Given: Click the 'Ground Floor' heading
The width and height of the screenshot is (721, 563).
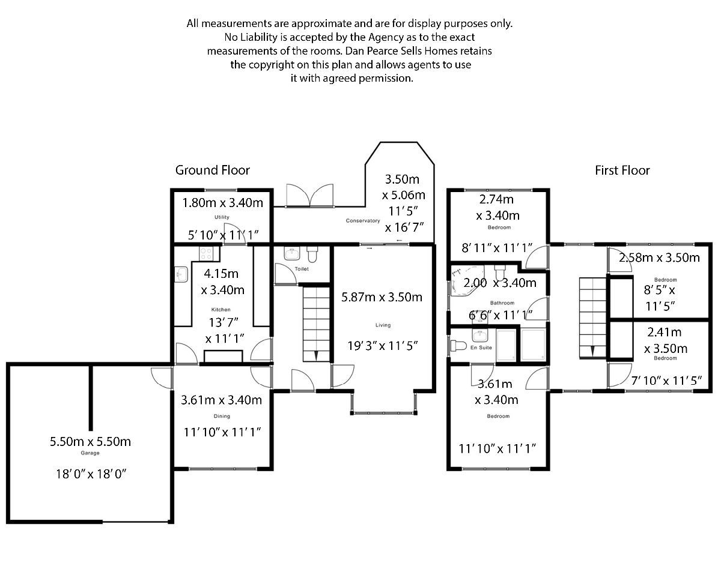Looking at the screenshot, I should click(x=212, y=170).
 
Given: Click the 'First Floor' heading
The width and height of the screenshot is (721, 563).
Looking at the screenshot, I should click(x=622, y=170).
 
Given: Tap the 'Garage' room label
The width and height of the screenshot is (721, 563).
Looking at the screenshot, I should click(x=90, y=454).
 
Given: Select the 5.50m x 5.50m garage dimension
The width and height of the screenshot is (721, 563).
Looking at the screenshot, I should click(x=90, y=442).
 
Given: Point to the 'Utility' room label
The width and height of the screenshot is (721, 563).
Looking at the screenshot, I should click(x=222, y=217).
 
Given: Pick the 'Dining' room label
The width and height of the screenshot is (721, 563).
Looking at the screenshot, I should click(x=221, y=416).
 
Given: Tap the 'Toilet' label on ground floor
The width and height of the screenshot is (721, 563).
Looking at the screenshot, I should click(x=301, y=269).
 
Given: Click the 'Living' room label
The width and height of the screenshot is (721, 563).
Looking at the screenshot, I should click(x=383, y=325).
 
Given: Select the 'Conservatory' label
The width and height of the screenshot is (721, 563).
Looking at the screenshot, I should click(x=363, y=221).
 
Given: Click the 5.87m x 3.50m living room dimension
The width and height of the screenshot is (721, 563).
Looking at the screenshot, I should click(x=382, y=297).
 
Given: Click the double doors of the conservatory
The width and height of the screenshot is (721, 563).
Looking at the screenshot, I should click(x=309, y=196).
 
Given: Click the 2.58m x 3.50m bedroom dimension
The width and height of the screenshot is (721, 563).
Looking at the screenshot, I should click(x=659, y=258).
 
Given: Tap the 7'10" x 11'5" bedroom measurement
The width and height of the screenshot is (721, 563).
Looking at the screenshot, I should click(x=659, y=379).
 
